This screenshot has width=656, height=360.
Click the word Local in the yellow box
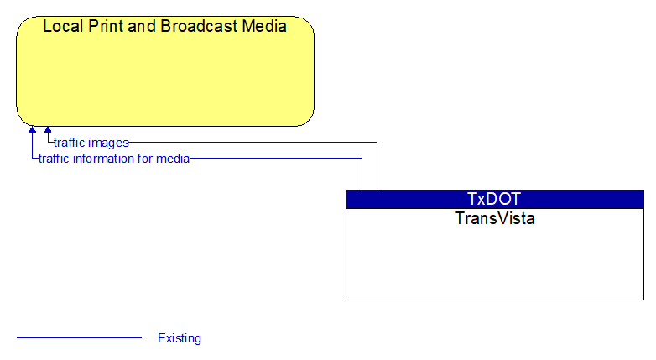[x=63, y=26]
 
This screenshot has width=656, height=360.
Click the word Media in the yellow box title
[x=264, y=26]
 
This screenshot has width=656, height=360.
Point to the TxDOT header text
[x=494, y=199]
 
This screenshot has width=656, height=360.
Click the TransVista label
[x=495, y=218]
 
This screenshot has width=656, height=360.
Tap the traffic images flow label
[x=91, y=143]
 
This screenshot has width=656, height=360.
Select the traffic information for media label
[x=114, y=159]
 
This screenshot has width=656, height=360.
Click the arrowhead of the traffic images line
[x=48, y=130]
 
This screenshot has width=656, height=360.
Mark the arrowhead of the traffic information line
[x=32, y=130]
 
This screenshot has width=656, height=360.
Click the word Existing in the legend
[x=180, y=338]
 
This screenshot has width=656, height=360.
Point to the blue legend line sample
[x=79, y=337]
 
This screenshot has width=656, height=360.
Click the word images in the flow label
[x=109, y=143]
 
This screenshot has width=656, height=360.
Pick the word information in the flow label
[x=107, y=159]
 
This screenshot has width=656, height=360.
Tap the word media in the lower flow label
[x=173, y=159]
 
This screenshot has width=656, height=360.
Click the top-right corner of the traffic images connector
[x=377, y=143]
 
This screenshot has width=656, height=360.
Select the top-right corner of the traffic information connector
[x=362, y=159]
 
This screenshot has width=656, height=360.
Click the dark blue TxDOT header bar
[x=495, y=199]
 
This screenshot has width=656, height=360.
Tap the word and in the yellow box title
[x=142, y=26]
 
